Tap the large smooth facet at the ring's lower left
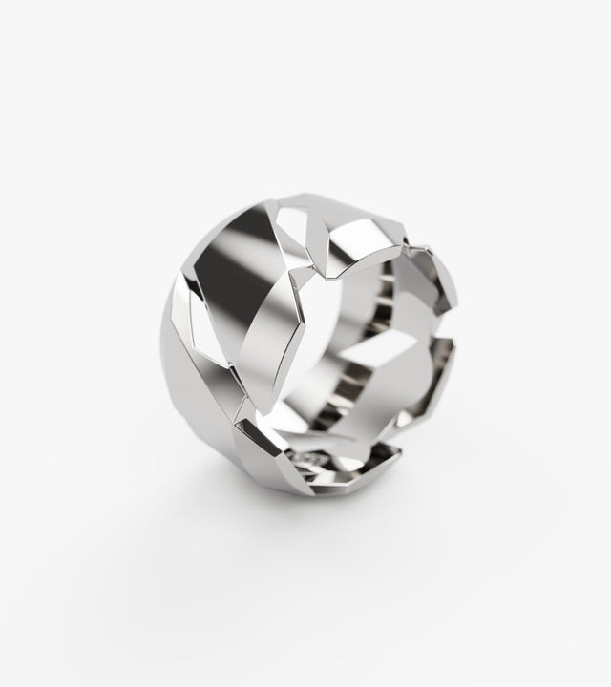tap(205, 420)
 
